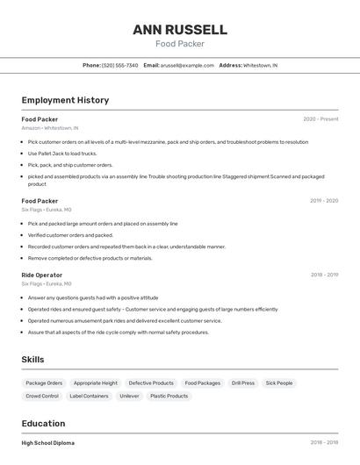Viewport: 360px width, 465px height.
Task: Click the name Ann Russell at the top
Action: click(179, 29)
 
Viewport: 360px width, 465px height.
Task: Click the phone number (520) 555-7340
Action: click(120, 65)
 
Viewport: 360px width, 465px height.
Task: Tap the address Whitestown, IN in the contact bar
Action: click(260, 65)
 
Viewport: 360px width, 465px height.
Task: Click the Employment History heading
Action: click(65, 100)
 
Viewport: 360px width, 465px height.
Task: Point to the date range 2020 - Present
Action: click(320, 118)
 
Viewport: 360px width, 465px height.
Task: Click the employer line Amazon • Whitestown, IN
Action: click(50, 127)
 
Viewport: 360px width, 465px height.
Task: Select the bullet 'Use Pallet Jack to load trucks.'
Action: click(62, 154)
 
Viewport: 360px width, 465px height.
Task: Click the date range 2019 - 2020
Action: click(324, 201)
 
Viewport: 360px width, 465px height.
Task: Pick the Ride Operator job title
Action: click(42, 275)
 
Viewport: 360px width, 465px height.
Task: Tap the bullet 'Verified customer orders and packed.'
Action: click(70, 235)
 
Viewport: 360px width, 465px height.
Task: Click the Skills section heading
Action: click(32, 360)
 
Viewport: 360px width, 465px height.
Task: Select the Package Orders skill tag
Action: click(44, 383)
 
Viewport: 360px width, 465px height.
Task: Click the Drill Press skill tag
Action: click(242, 383)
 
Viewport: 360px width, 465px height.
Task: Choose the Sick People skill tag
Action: click(279, 383)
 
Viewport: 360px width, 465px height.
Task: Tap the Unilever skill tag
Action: click(129, 397)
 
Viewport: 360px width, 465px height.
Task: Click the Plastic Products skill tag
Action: click(169, 397)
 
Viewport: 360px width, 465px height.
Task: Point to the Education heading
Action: click(43, 424)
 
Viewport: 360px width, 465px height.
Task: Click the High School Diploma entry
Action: click(48, 443)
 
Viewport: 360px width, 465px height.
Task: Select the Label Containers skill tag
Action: click(90, 397)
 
